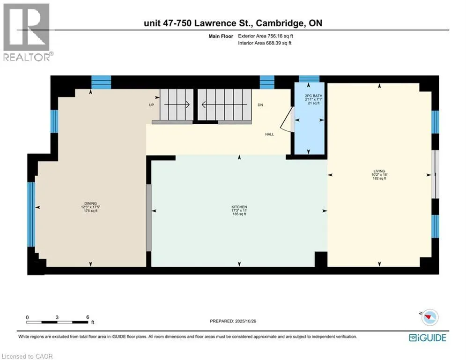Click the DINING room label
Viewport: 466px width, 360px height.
tap(91, 203)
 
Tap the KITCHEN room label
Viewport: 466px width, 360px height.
tap(239, 207)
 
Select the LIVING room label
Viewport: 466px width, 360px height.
tap(379, 171)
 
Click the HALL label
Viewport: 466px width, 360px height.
tap(269, 134)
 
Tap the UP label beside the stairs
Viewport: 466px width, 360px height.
tap(151, 105)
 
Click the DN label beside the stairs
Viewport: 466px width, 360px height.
tap(260, 105)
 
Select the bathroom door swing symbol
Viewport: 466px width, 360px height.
tap(287, 121)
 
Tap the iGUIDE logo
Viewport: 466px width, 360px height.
tap(427, 337)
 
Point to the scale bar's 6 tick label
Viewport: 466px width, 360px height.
tap(88, 317)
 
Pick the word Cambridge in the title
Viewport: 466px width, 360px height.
tap(282, 23)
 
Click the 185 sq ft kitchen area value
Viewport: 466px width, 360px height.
tap(239, 214)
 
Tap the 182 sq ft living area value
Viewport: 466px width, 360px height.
tap(379, 179)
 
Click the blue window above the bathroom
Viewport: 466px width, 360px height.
tap(309, 79)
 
